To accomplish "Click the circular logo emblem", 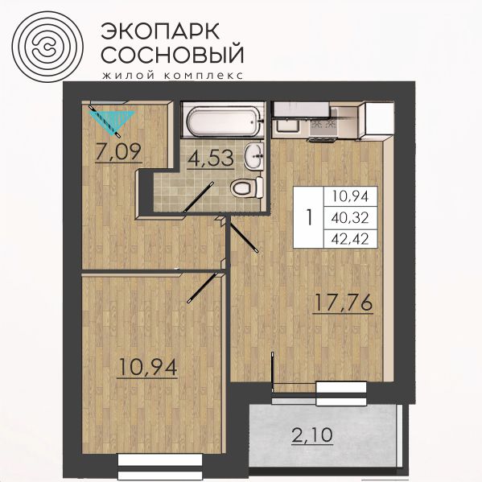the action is tap(47, 47).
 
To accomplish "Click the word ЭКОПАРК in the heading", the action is tap(160, 31).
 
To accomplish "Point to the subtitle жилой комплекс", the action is tap(173, 76).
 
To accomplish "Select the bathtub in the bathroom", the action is tap(224, 122).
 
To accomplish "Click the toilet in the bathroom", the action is tap(246, 187).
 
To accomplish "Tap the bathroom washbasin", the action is tap(254, 155).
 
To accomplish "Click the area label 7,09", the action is tap(118, 152).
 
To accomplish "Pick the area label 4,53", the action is tap(211, 159).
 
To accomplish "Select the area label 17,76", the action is tap(343, 303).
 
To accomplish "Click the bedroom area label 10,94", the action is tap(147, 368).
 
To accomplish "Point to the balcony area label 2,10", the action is tap(312, 435).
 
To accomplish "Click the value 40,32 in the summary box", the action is tap(350, 218).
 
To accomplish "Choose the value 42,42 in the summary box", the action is tap(350, 239).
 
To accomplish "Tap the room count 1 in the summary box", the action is tap(309, 217).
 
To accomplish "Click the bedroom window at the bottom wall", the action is tap(160, 465).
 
